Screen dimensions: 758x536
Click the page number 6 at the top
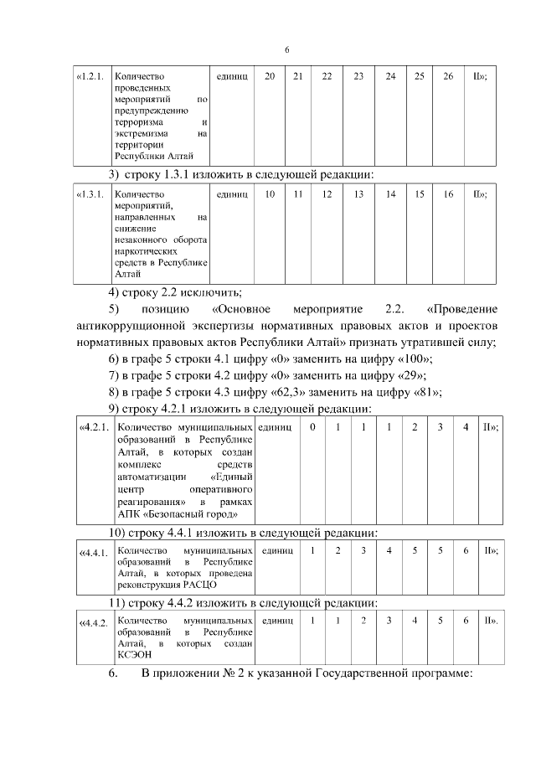(286, 50)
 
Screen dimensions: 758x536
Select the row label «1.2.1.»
(90, 76)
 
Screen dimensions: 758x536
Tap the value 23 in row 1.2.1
(358, 76)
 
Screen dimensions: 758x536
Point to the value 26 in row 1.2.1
(448, 76)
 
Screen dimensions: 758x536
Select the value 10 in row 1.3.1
(270, 194)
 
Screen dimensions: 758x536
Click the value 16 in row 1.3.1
(448, 194)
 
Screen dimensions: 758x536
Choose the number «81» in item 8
(425, 391)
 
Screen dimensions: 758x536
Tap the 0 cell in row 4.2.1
(312, 427)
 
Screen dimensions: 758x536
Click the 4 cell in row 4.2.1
(466, 427)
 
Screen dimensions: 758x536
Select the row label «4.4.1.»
(93, 552)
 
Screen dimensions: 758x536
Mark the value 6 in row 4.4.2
(466, 621)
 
